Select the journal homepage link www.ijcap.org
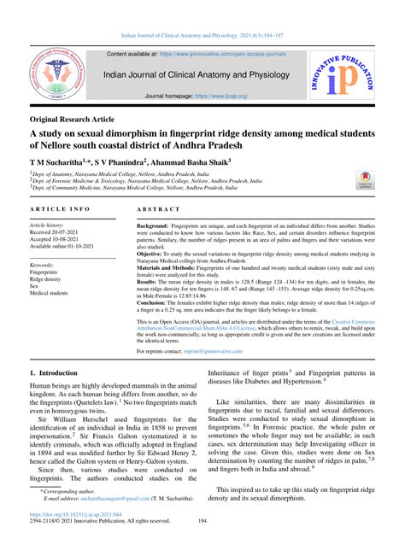[218, 97]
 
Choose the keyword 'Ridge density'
[52, 279]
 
